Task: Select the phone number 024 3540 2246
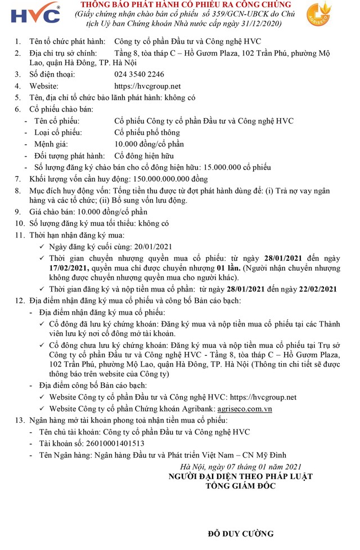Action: coord(139,74)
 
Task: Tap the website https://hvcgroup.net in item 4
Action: coord(147,86)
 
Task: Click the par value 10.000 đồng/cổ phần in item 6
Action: coord(150,144)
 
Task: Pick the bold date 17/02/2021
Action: coord(69,268)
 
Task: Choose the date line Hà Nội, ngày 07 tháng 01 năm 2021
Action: coord(241,467)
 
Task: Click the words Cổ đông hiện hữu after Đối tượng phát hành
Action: coord(144,156)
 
